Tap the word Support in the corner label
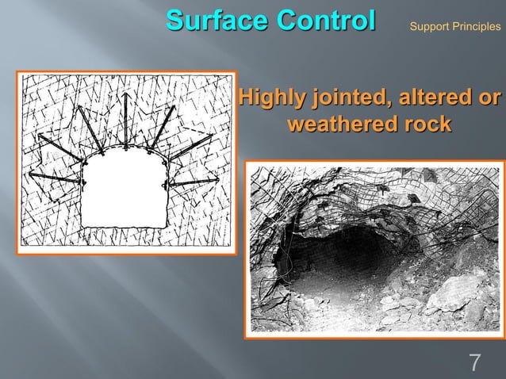click(x=428, y=27)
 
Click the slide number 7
click(x=475, y=363)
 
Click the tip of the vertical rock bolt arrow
click(x=126, y=94)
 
